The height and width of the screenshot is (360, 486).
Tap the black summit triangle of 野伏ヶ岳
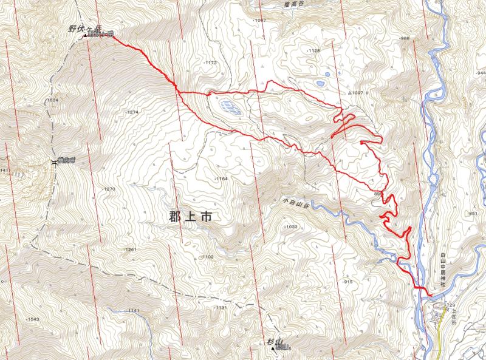(x=85, y=36)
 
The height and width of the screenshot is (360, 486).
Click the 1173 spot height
(x=210, y=63)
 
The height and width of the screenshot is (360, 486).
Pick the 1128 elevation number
(x=313, y=51)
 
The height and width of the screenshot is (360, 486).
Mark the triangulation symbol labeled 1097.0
(x=350, y=93)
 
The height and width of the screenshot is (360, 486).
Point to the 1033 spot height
(x=291, y=226)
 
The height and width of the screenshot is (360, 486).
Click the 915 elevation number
(x=347, y=282)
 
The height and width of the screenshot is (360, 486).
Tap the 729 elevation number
(x=450, y=305)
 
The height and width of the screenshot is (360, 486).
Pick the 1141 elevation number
(x=133, y=311)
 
